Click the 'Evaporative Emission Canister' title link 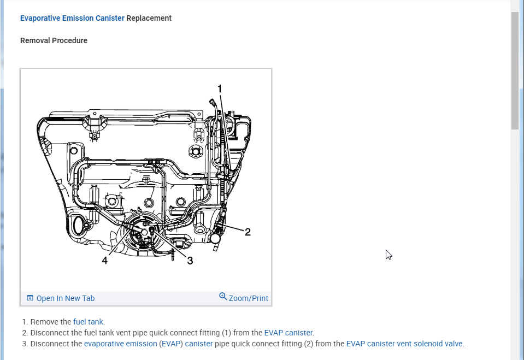72,18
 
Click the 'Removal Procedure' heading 54,40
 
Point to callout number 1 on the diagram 220,88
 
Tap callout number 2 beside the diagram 248,232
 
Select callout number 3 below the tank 190,261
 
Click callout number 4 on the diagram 104,261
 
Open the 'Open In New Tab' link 65,298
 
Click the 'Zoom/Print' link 249,298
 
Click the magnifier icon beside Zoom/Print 223,296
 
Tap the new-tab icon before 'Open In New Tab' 30,298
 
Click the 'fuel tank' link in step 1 88,322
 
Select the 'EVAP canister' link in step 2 288,333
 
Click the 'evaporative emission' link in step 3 120,344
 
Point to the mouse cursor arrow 388,254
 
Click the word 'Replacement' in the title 149,18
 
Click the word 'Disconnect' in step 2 49,333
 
